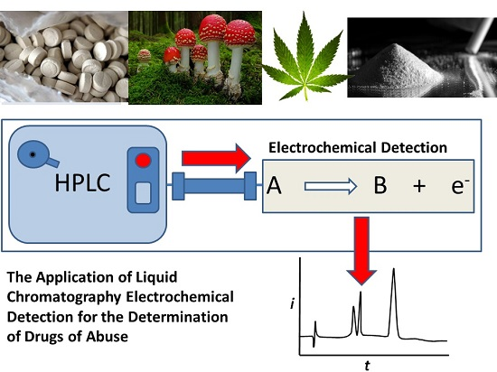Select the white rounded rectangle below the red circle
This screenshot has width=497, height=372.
145,192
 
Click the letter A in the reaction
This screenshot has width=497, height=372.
274,187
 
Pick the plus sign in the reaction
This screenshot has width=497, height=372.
419,187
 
